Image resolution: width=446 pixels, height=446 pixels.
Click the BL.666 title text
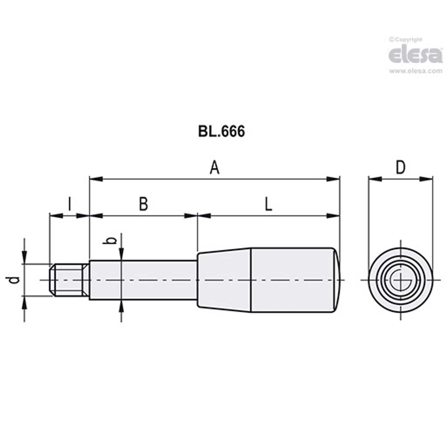click(221, 131)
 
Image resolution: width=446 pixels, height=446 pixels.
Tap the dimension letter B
click(143, 204)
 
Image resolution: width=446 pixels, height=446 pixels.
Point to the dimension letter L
click(269, 204)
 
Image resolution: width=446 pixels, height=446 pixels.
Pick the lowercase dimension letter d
click(14, 280)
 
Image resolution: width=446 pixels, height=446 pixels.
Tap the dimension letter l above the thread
click(69, 204)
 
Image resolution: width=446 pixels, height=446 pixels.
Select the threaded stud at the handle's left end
click(69, 280)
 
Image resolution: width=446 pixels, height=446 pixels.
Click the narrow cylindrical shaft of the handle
click(143, 280)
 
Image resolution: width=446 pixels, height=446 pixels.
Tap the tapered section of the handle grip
click(224, 280)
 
